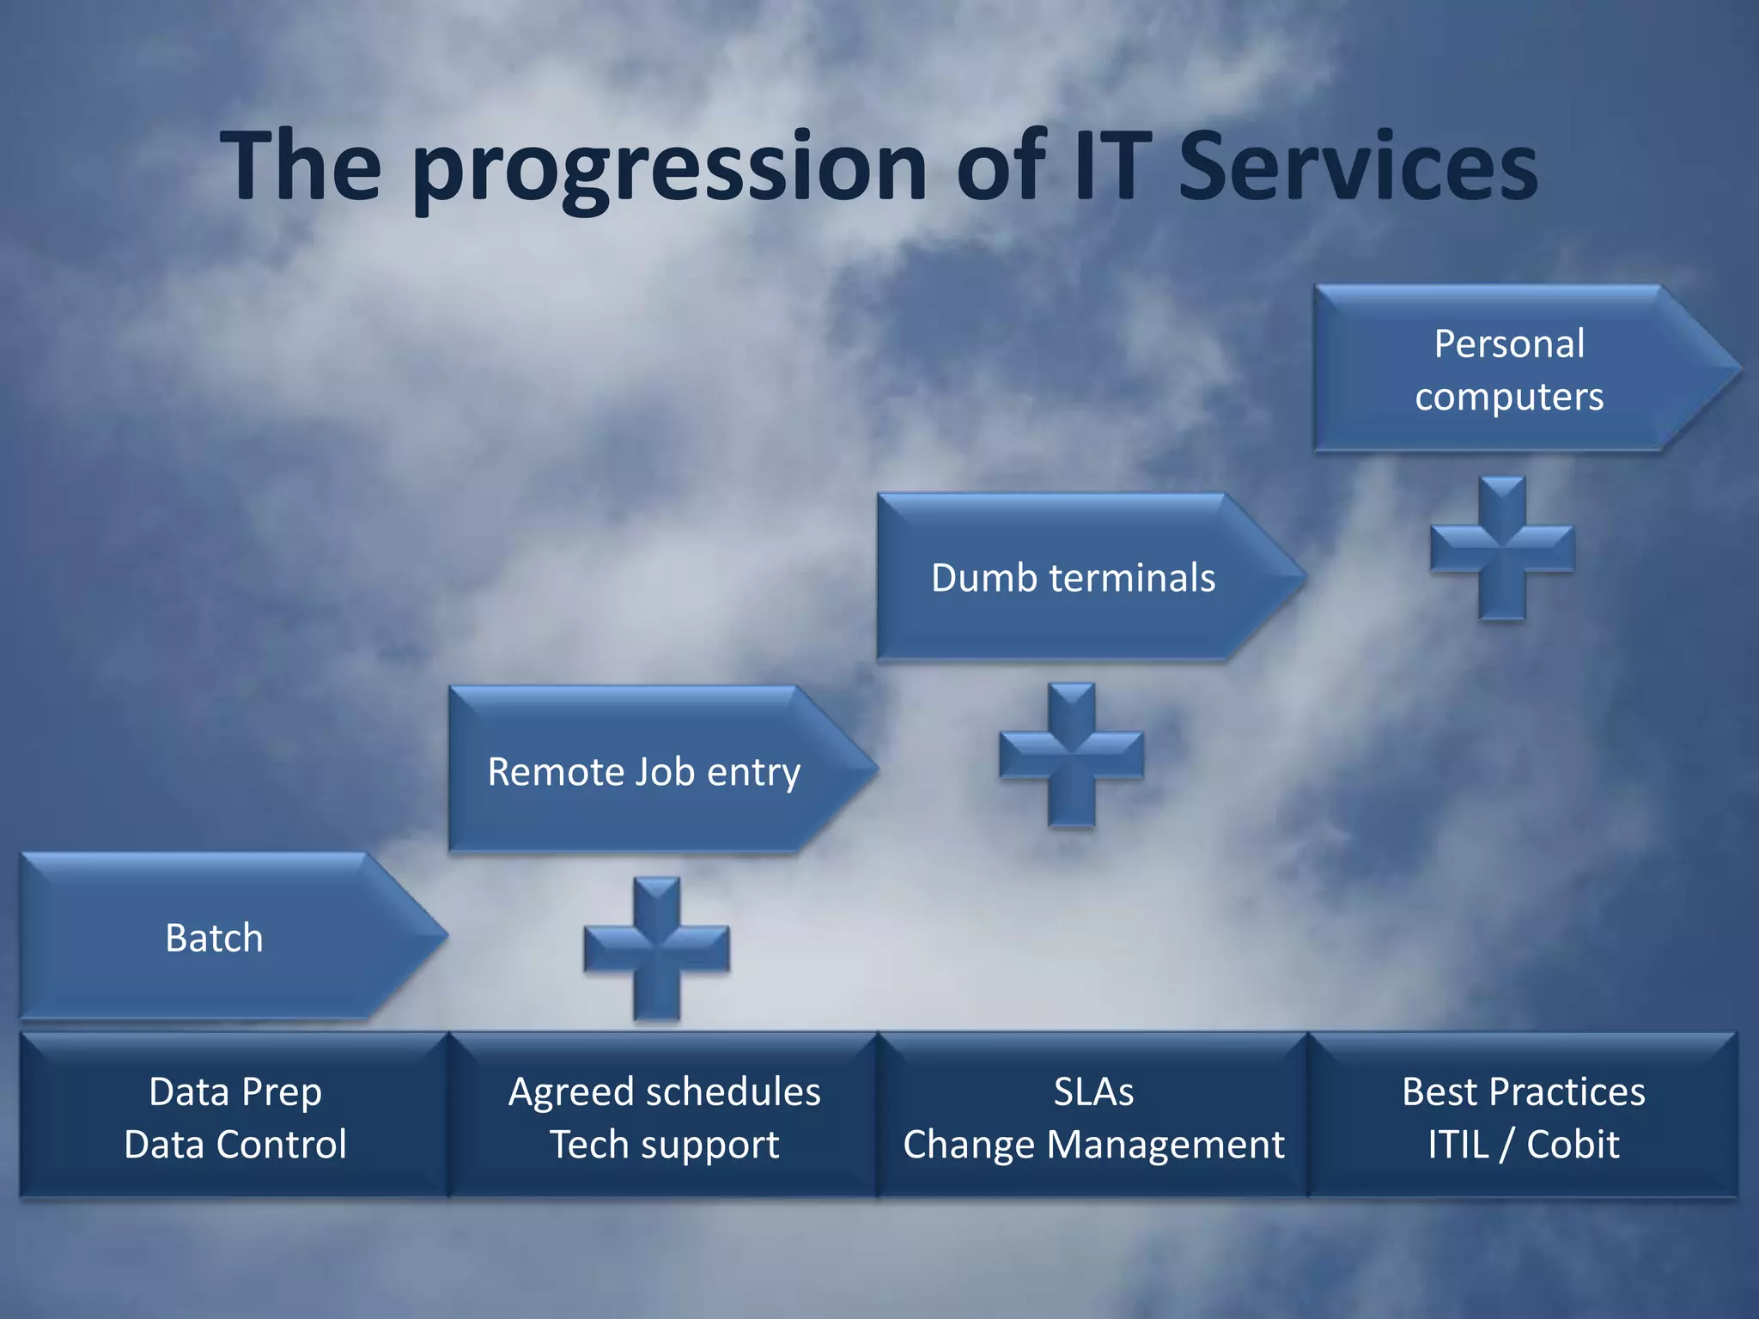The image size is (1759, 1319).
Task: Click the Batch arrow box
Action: [215, 937]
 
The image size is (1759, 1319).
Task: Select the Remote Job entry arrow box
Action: [644, 770]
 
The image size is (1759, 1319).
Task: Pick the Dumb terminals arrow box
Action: [1074, 577]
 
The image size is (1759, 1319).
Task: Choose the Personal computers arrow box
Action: [1509, 369]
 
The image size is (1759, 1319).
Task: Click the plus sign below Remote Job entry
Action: [657, 949]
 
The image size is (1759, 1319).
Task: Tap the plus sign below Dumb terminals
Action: [1072, 755]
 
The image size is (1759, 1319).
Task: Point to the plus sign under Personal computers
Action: [1502, 549]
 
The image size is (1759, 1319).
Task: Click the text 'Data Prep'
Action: [235, 1091]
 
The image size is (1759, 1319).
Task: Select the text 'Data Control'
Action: [235, 1145]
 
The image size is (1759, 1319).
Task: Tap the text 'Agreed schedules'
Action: [664, 1091]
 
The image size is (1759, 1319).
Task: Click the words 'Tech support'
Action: [664, 1145]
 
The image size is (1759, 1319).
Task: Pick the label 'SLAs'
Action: [1093, 1091]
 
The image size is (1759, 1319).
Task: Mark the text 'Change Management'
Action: [1093, 1145]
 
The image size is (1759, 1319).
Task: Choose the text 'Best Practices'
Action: [1524, 1091]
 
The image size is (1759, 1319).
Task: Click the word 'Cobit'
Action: [1573, 1145]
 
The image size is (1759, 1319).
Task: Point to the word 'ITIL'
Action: [1458, 1145]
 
